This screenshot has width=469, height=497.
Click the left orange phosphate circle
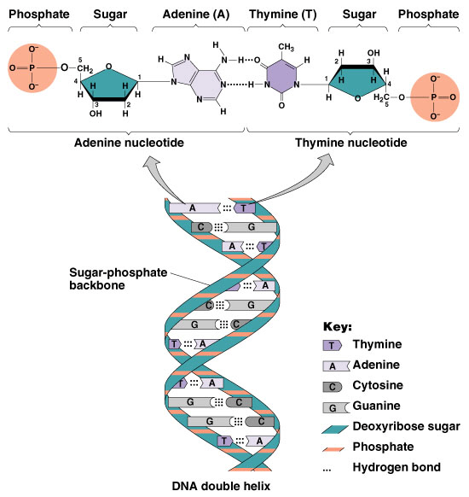[32, 66]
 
